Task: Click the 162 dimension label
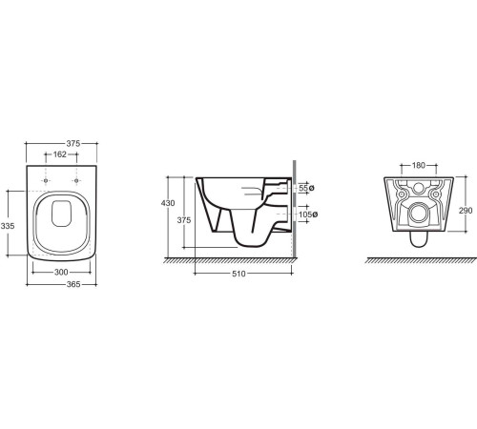(x=60, y=154)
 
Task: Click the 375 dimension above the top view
(x=73, y=144)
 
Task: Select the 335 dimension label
(x=8, y=226)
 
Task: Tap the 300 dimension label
(x=61, y=273)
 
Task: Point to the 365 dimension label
(x=73, y=284)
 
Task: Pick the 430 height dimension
(x=168, y=203)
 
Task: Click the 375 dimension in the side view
(x=184, y=220)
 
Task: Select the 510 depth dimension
(x=238, y=274)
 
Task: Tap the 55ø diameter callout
(x=306, y=188)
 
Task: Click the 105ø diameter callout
(x=308, y=214)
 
